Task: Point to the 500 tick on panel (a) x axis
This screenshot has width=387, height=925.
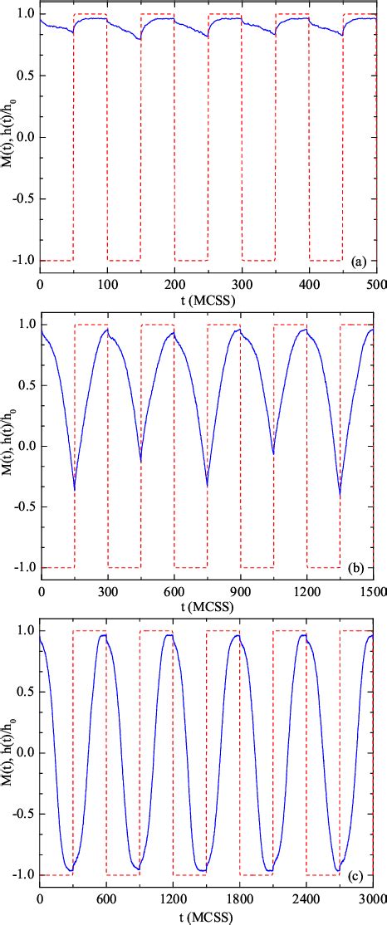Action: [376, 285]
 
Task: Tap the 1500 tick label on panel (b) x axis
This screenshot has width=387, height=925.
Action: [373, 592]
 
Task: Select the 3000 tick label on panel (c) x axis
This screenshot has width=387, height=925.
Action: [372, 899]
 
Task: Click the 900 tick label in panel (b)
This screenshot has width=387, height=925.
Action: [241, 592]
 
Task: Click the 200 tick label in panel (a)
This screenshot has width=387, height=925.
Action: [174, 285]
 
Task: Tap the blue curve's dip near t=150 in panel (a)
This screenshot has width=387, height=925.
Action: [140, 39]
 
